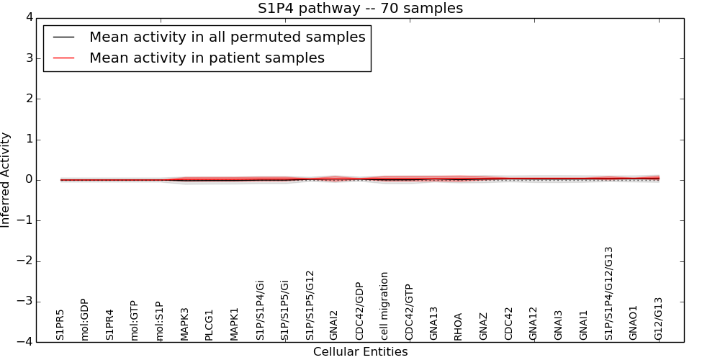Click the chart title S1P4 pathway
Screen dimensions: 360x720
pyautogui.click(x=360, y=8)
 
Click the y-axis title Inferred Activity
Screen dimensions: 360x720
pyautogui.click(x=6, y=179)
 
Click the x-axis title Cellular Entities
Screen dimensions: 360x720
pyautogui.click(x=360, y=352)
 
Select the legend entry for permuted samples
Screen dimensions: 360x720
pyautogui.click(x=227, y=37)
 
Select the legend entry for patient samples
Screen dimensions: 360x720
pyautogui.click(x=207, y=58)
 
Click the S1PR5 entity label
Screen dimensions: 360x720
pyautogui.click(x=60, y=325)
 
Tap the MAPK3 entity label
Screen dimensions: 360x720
pyautogui.click(x=185, y=324)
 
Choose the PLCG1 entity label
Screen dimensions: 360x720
pyautogui.click(x=210, y=325)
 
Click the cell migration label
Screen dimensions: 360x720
pyautogui.click(x=384, y=306)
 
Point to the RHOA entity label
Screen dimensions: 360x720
pyautogui.click(x=459, y=326)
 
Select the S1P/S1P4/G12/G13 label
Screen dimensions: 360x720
pyautogui.click(x=608, y=293)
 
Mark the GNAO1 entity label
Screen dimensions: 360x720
pyautogui.click(x=633, y=323)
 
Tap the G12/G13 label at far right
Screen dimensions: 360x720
pyautogui.click(x=658, y=319)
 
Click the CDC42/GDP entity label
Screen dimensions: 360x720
pyautogui.click(x=359, y=311)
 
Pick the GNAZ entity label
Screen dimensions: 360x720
pyautogui.click(x=484, y=326)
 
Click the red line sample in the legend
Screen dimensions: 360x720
pyautogui.click(x=63, y=58)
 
